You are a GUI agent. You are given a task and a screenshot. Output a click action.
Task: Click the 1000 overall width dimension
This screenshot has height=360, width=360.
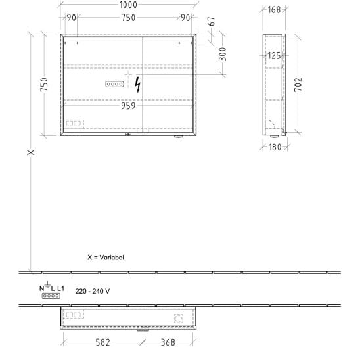click(x=128, y=5)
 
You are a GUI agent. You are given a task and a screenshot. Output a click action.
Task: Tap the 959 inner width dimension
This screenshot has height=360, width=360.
click(x=128, y=106)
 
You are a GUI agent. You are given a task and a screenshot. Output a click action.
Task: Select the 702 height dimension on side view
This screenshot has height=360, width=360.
click(x=298, y=85)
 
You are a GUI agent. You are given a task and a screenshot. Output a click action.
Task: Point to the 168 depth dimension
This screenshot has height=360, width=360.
click(x=274, y=10)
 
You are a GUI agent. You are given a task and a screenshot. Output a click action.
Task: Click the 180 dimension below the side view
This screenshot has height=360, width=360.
click(x=275, y=147)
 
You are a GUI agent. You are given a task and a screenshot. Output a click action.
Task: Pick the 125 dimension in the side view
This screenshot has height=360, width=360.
click(x=274, y=56)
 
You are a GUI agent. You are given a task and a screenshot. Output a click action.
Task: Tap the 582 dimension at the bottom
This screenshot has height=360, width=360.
click(x=102, y=342)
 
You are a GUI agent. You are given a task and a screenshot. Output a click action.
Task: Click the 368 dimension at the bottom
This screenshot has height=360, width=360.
click(x=168, y=342)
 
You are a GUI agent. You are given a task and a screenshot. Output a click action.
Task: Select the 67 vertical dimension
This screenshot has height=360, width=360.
click(x=212, y=21)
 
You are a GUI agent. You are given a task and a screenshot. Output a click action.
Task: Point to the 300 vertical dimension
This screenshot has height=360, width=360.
click(x=223, y=54)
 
